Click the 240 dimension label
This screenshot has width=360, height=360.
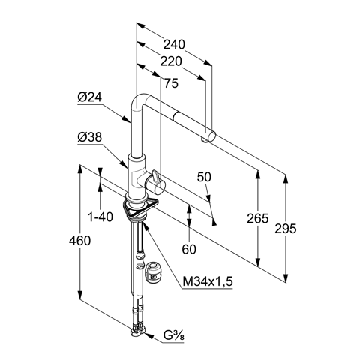[174, 45]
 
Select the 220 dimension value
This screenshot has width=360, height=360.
[171, 61]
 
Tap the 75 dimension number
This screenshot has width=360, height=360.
[172, 83]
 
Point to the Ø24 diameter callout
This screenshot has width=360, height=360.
[90, 97]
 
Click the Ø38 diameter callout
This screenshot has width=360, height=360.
[90, 137]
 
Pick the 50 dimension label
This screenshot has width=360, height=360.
[204, 177]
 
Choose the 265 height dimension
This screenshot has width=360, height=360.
[258, 218]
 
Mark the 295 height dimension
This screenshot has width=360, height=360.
[286, 229]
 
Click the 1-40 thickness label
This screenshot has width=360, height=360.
[100, 217]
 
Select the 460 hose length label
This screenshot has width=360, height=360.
[79, 241]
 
